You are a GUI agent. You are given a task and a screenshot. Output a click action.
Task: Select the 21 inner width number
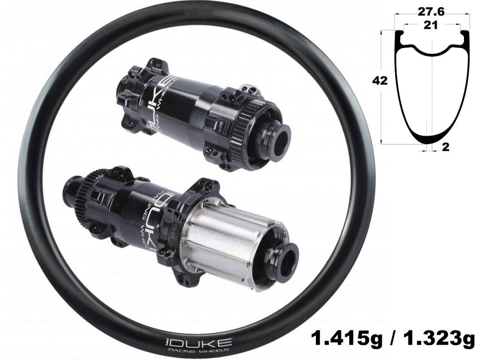pyautogui.click(x=431, y=25)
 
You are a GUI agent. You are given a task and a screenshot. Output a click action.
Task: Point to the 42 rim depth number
pyautogui.click(x=380, y=81)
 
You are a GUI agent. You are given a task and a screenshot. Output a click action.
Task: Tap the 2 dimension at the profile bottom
pyautogui.click(x=446, y=147)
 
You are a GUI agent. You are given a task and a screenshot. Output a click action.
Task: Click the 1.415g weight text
pyautogui.click(x=346, y=338)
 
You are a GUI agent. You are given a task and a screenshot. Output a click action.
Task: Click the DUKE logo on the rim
pyautogui.click(x=198, y=342)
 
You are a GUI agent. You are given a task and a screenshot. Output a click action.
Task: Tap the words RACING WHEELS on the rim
pyautogui.click(x=198, y=350)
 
